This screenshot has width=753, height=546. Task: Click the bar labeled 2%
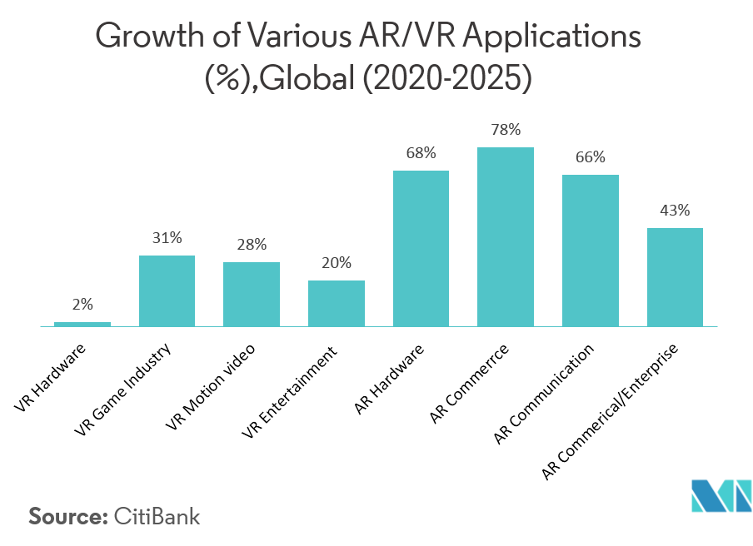[x=82, y=324]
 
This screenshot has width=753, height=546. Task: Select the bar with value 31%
[x=167, y=290]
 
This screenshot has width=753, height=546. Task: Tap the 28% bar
[x=252, y=294]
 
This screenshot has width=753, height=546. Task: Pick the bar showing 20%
[x=337, y=303]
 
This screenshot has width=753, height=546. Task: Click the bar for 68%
[x=421, y=248]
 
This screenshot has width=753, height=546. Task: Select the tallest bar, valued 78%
[x=506, y=236]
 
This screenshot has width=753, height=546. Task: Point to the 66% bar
[x=591, y=251]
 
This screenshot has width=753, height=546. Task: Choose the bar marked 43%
[x=675, y=277]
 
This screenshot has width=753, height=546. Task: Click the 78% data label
[x=506, y=130]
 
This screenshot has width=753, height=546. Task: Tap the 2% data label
[x=82, y=305]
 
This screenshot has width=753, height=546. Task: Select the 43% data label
[x=675, y=211]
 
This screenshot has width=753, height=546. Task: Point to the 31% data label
[x=167, y=238]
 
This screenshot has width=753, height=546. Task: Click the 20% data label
[x=337, y=263]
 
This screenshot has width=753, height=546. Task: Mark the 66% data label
[x=591, y=157]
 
